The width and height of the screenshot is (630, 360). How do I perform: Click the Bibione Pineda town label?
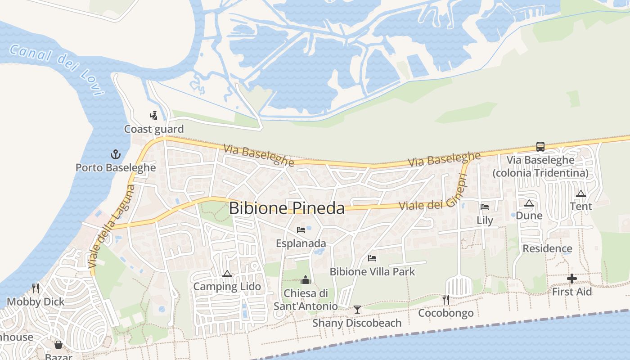[x=287, y=208]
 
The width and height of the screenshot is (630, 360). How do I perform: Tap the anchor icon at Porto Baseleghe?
[x=116, y=155]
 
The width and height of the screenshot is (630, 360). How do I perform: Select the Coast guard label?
[x=154, y=129]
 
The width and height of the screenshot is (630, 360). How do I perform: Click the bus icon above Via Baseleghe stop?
[x=540, y=147]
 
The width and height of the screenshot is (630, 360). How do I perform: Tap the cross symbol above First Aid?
[x=572, y=279]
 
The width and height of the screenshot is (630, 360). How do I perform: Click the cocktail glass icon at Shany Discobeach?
[x=357, y=310]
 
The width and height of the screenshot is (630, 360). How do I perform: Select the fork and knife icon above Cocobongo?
[x=445, y=300]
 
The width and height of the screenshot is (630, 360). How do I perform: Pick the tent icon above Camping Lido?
[x=227, y=274]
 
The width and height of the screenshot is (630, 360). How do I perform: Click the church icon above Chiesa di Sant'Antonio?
[x=306, y=280]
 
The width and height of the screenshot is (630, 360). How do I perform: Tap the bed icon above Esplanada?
[x=301, y=230]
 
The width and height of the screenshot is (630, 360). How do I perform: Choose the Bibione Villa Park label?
[x=372, y=272]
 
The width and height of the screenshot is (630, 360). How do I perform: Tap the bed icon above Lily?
[x=485, y=207]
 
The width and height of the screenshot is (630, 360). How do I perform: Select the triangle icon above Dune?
[x=529, y=203]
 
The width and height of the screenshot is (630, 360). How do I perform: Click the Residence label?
[x=547, y=248]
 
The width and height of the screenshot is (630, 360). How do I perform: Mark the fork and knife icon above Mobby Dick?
[x=36, y=288]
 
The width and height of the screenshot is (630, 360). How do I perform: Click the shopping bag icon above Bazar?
[x=58, y=345]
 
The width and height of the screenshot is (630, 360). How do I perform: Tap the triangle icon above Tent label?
[x=581, y=193]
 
